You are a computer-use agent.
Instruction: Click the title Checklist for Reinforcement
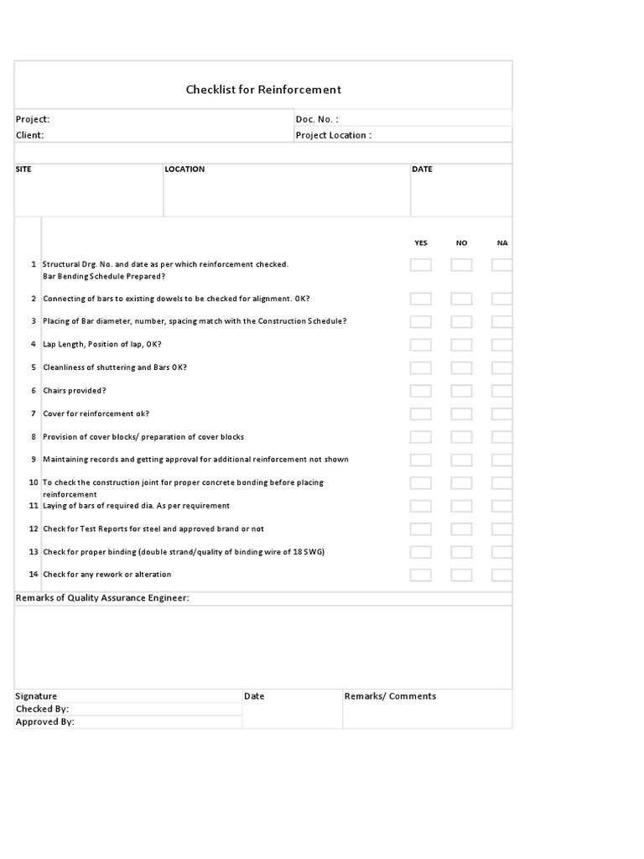(x=263, y=90)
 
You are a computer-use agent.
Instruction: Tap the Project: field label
(x=33, y=119)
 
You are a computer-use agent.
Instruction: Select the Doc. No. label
(x=317, y=119)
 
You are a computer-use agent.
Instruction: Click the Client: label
(x=30, y=135)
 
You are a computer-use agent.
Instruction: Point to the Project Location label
(x=333, y=135)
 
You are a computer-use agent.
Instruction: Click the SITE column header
(x=23, y=169)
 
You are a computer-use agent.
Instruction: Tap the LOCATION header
(x=184, y=169)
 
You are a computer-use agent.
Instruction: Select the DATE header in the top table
(x=423, y=169)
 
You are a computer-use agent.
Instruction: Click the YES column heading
(x=421, y=243)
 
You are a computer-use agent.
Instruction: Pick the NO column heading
(x=461, y=243)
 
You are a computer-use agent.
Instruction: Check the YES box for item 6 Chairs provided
(x=421, y=391)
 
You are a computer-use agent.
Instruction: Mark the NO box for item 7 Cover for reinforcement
(x=461, y=414)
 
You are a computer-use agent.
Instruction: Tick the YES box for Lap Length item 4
(x=421, y=345)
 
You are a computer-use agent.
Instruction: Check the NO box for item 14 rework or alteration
(x=461, y=575)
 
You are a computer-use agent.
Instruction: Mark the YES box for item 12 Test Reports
(x=421, y=529)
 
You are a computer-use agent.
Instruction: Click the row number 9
(x=34, y=460)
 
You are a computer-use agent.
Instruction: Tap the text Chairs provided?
(x=75, y=391)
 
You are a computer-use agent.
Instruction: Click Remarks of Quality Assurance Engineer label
(x=102, y=598)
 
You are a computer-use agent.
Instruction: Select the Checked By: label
(x=42, y=709)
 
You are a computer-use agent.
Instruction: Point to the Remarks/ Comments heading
(x=390, y=696)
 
